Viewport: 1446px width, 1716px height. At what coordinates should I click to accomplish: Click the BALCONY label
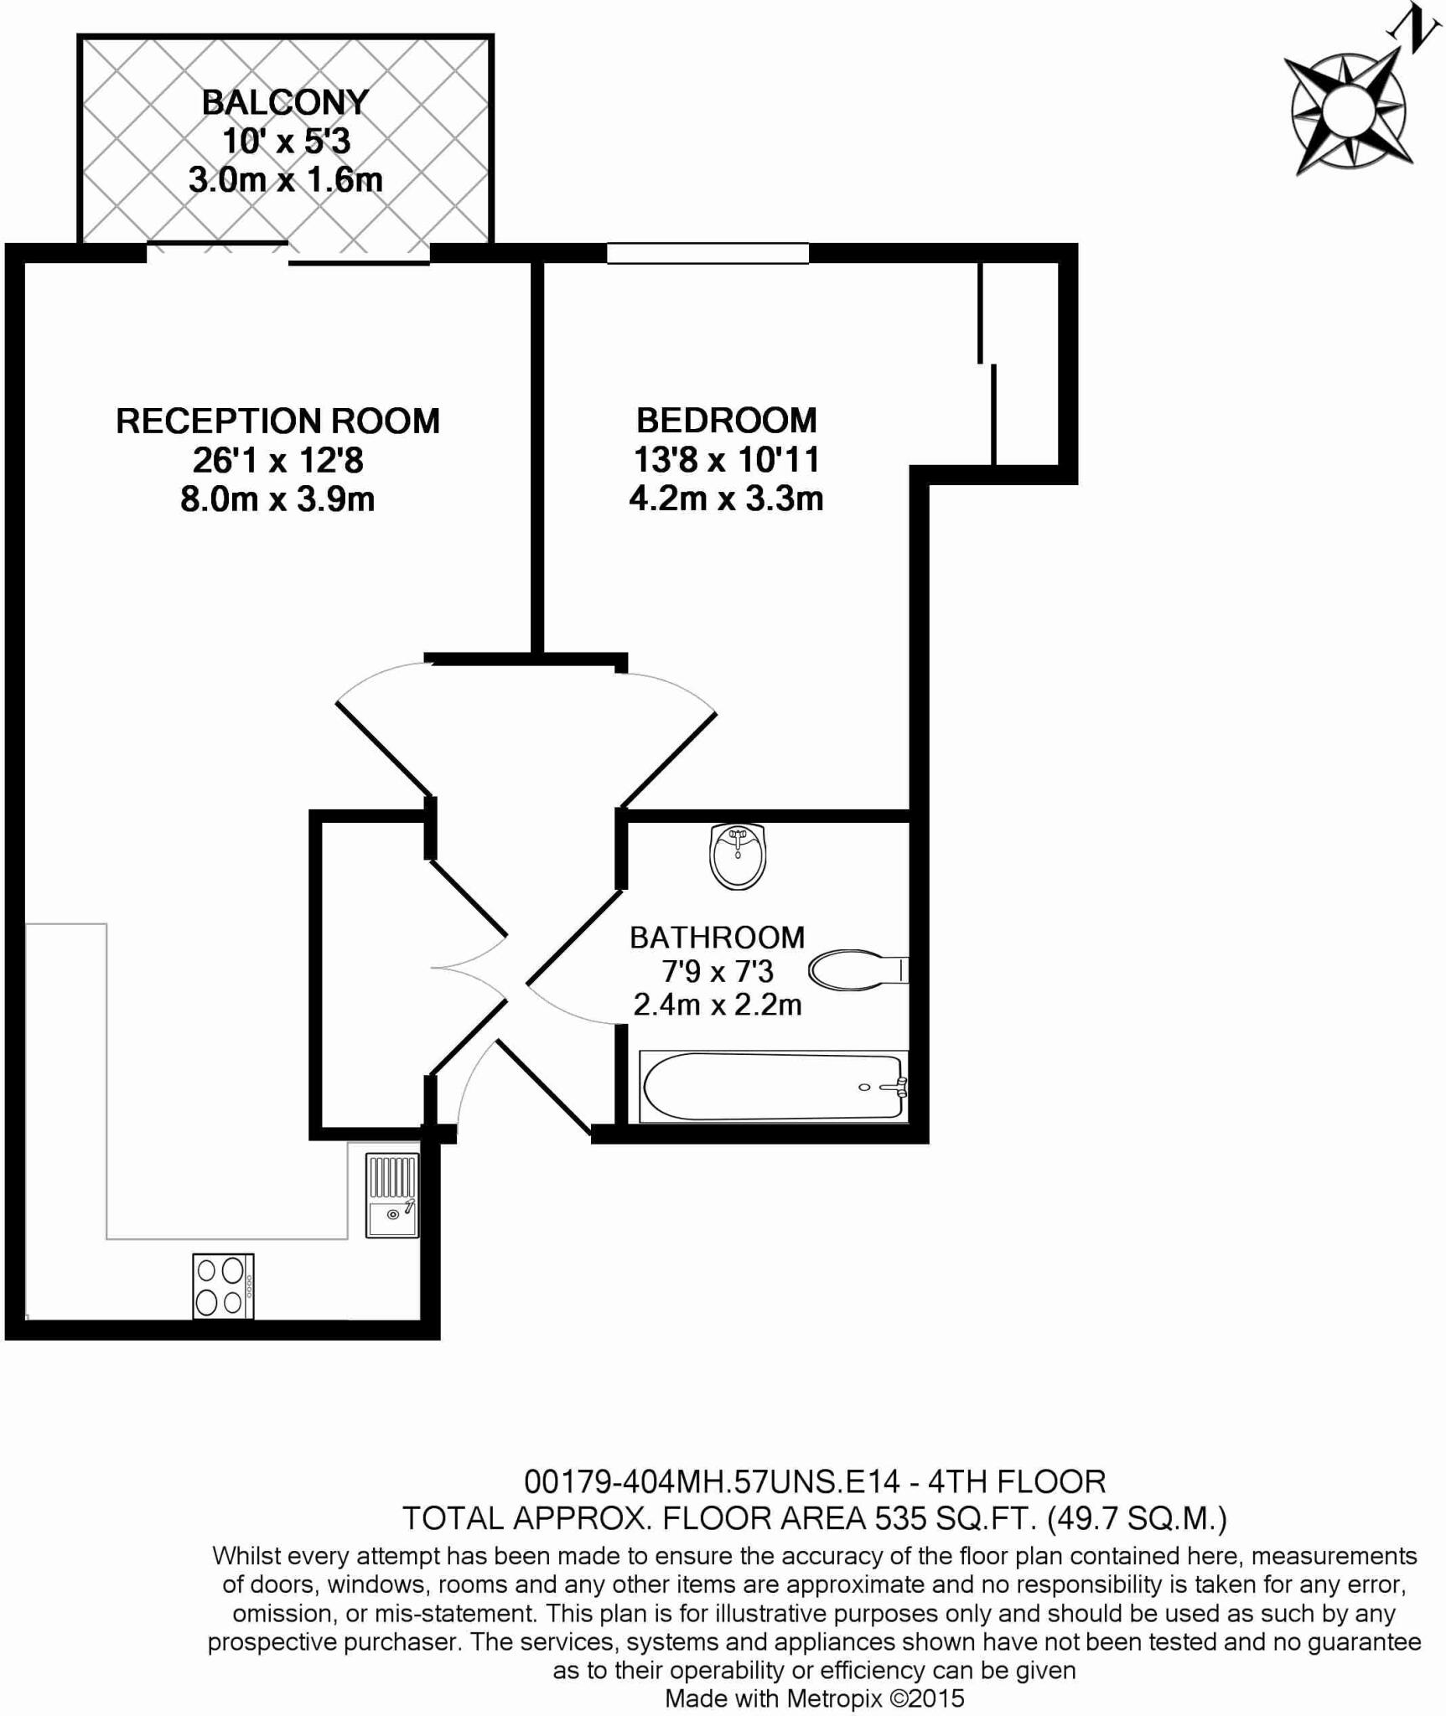point(285,102)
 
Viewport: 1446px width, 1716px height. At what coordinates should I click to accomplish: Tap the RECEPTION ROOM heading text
point(277,421)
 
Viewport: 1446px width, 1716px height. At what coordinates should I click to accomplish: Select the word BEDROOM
point(726,420)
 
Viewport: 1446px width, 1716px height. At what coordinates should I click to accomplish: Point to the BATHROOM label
point(717,937)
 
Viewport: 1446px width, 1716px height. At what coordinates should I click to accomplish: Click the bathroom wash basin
point(738,855)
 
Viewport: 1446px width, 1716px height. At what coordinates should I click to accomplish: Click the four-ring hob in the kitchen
point(223,1285)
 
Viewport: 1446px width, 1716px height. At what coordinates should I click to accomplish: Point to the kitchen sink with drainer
point(391,1196)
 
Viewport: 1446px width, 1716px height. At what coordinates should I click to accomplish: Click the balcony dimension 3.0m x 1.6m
point(285,180)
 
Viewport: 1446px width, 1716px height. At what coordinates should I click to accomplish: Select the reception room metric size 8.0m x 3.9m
point(277,499)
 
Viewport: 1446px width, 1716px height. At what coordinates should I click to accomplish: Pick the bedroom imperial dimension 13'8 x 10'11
point(726,459)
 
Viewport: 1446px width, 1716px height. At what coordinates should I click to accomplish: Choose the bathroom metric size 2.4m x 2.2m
point(718,1004)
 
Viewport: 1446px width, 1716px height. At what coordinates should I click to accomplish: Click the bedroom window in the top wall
point(707,253)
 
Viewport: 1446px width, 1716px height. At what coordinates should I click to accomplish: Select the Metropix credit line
point(815,1698)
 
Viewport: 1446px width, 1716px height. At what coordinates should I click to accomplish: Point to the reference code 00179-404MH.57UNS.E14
point(712,1481)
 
